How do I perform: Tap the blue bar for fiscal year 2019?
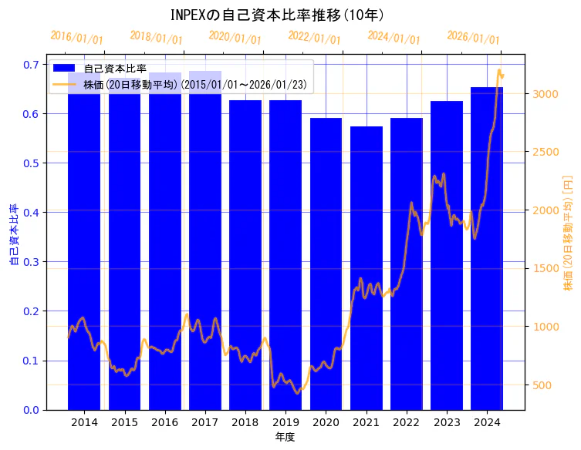click(x=285, y=254)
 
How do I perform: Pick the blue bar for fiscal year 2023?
click(x=447, y=255)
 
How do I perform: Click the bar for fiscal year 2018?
click(x=245, y=254)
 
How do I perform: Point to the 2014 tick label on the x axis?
click(x=84, y=423)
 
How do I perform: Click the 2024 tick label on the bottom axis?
click(x=487, y=423)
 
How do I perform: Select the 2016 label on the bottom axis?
click(x=165, y=423)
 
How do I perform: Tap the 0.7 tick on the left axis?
click(x=30, y=65)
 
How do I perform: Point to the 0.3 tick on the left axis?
click(x=30, y=262)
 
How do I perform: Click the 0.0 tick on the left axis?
click(x=30, y=410)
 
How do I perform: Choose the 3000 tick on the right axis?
click(x=544, y=94)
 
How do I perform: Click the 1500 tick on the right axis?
click(x=544, y=269)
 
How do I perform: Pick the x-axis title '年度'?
click(x=285, y=437)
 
